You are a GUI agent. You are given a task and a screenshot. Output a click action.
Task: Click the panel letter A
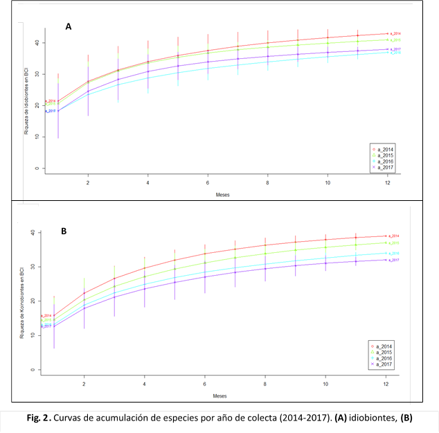69,26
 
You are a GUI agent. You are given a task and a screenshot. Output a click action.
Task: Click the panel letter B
64,231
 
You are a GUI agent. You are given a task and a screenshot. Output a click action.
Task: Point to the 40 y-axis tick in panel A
35,43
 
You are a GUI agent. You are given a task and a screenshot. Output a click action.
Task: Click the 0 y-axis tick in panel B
32,370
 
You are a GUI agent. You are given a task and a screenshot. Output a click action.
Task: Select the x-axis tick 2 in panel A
87,182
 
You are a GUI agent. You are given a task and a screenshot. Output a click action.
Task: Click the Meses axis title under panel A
222,195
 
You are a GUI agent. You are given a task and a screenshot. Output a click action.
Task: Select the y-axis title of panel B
23,301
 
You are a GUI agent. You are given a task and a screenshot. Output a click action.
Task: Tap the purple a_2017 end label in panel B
395,260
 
